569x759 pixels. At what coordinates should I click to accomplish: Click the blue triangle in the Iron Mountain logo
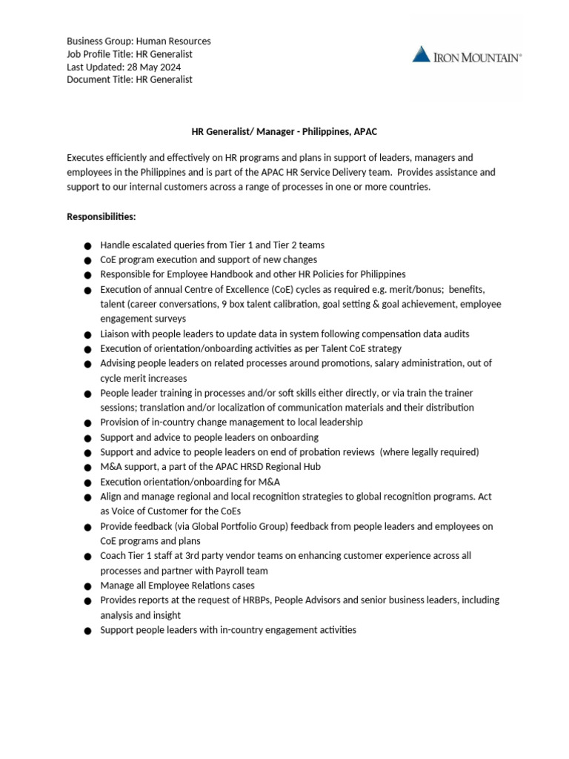(x=422, y=54)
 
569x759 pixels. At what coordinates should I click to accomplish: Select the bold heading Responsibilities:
(x=102, y=216)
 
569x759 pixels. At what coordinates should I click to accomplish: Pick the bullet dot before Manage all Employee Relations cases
(x=87, y=586)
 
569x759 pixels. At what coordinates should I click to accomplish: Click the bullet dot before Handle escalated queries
(x=87, y=245)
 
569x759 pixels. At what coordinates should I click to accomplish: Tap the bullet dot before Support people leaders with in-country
(x=87, y=631)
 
